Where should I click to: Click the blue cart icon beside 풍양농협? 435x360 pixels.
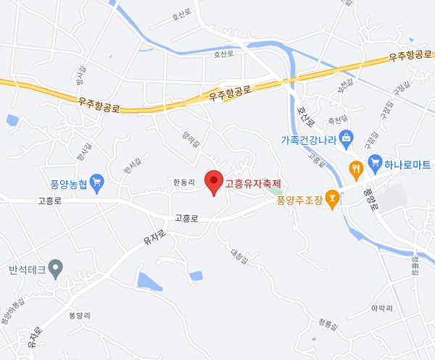(97, 182)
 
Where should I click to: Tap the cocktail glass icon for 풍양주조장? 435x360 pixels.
(333, 196)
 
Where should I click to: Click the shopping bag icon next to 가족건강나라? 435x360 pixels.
(346, 137)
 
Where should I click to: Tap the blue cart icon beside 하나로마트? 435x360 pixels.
(374, 159)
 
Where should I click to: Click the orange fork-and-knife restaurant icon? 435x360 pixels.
(356, 169)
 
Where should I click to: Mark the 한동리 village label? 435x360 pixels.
(184, 183)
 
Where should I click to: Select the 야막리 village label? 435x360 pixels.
(381, 308)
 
